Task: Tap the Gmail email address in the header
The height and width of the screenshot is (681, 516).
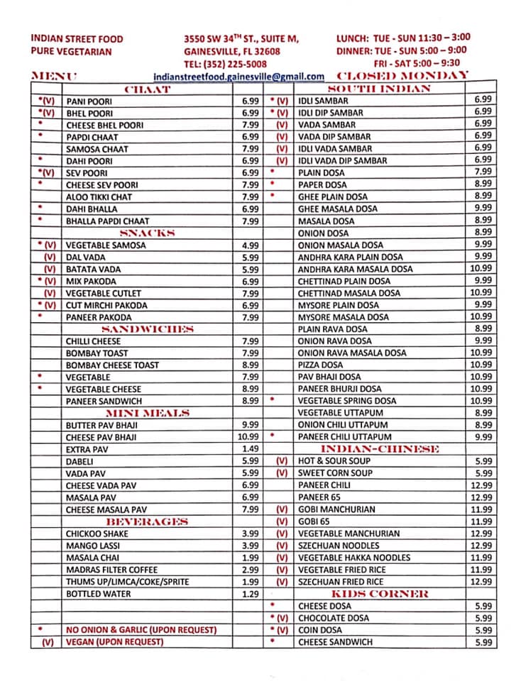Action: click(238, 76)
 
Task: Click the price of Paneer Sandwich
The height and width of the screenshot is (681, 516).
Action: click(250, 401)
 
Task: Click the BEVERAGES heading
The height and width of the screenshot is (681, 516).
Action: click(147, 521)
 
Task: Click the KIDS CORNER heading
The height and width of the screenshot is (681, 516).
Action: click(378, 594)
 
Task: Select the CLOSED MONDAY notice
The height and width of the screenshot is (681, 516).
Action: click(402, 75)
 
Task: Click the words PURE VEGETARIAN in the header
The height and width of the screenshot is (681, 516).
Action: click(71, 51)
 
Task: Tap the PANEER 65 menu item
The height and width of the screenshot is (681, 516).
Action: click(319, 497)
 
